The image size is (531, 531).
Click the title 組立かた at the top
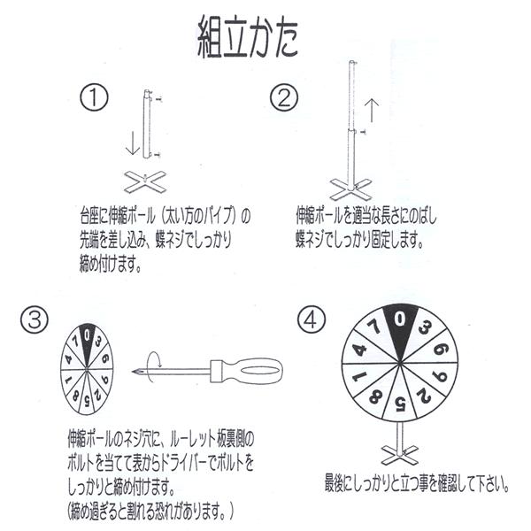pos(247,38)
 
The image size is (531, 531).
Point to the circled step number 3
pos(37,320)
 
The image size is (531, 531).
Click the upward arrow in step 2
pos(372,111)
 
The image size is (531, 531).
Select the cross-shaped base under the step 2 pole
pos(351,188)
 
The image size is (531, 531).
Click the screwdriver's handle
pos(252,369)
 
